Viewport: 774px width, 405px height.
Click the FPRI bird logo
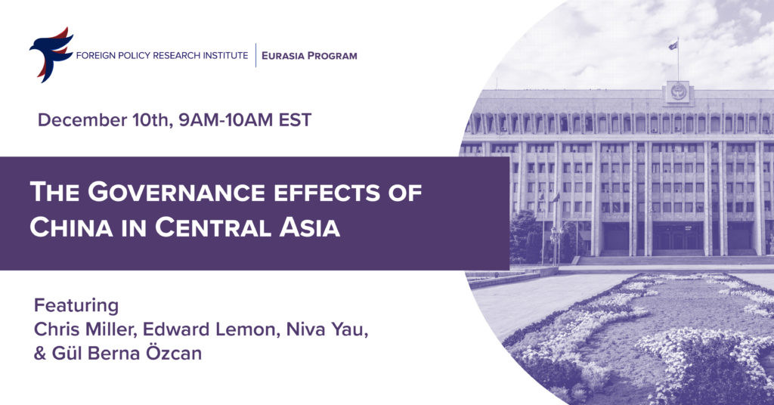click(x=51, y=54)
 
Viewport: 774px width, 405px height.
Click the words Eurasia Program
click(x=309, y=56)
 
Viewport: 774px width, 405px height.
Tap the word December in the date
click(x=82, y=120)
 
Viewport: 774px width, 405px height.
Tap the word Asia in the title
click(x=309, y=227)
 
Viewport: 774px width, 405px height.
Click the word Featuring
click(x=76, y=306)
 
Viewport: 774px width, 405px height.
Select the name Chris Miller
click(x=85, y=329)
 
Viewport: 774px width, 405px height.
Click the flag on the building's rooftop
click(x=673, y=45)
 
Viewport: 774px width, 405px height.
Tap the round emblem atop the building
click(x=678, y=92)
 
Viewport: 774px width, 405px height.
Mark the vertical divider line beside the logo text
click(x=255, y=55)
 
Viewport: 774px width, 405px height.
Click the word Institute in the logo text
click(x=224, y=56)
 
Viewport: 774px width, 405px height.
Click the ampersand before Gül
click(x=39, y=354)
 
